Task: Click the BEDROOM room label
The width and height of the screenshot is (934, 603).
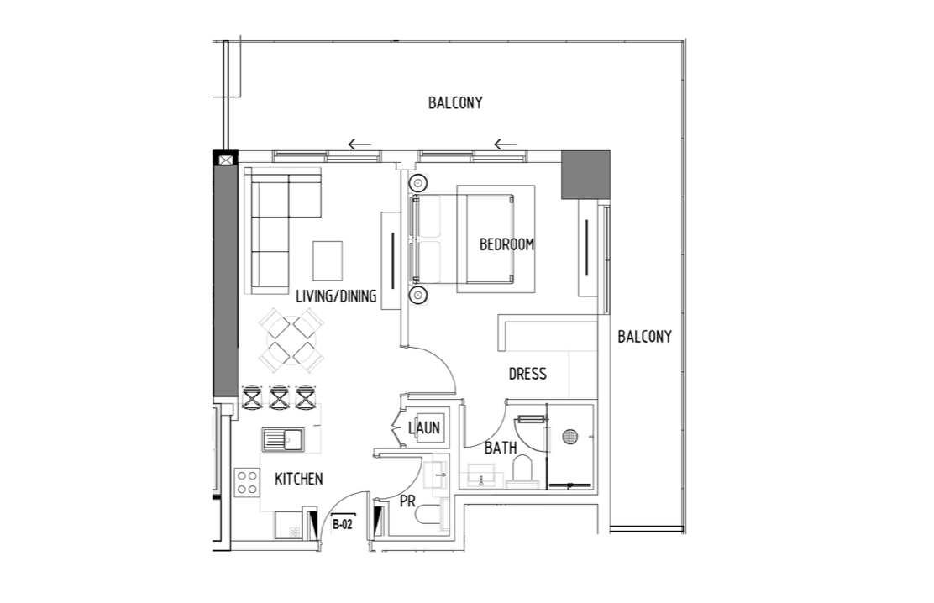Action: [x=506, y=244]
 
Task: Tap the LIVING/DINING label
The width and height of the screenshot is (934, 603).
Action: [x=336, y=296]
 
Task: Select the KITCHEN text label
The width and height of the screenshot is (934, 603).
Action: [x=299, y=479]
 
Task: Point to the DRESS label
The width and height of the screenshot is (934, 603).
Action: [x=527, y=375]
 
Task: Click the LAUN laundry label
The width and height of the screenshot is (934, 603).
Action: [x=424, y=427]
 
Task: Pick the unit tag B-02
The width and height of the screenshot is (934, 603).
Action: [x=343, y=525]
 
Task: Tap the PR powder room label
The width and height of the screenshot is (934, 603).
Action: [x=407, y=501]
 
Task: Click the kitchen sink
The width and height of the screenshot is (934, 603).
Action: [x=283, y=440]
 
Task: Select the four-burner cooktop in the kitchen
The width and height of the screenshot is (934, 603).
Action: [x=247, y=483]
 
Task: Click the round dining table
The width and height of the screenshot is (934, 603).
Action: [x=291, y=341]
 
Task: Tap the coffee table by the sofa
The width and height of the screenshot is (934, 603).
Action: [x=328, y=260]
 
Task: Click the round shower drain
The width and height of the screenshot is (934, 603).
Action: [x=570, y=436]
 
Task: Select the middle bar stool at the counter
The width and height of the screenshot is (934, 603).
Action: [x=279, y=397]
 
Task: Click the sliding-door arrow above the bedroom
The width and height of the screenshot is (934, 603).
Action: [x=506, y=144]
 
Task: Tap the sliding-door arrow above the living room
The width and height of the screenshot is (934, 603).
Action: [x=359, y=144]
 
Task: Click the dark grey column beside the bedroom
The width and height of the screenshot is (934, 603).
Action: [x=585, y=175]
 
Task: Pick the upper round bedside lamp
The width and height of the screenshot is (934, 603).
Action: [x=417, y=182]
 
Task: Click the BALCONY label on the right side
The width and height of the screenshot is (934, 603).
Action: [x=644, y=337]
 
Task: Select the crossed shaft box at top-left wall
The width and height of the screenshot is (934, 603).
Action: [x=226, y=160]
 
